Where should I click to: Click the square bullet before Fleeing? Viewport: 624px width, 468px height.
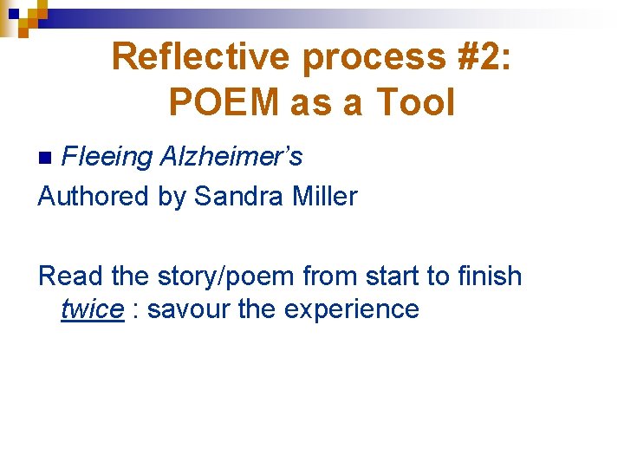tap(49, 157)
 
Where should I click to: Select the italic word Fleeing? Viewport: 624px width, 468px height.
tap(107, 157)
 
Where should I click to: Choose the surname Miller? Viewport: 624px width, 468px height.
tap(324, 196)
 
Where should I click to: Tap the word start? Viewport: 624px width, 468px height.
tap(402, 276)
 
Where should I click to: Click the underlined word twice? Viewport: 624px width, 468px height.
tap(92, 309)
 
